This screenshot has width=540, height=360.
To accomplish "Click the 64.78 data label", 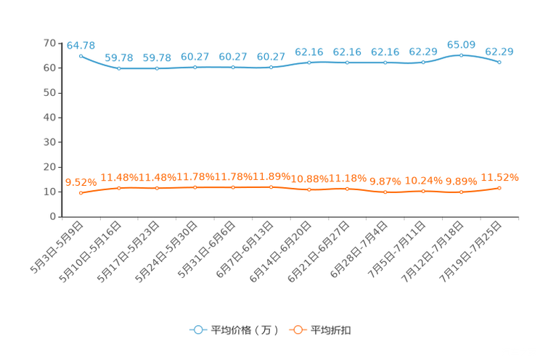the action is [x=81, y=46].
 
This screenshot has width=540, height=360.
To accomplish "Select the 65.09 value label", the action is [x=461, y=45].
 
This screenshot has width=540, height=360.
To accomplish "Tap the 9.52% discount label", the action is [x=81, y=182].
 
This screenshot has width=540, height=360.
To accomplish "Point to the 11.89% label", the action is [x=271, y=176].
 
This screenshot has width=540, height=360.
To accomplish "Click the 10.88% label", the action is [x=310, y=179].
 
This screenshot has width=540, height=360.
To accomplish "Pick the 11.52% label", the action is [x=499, y=177].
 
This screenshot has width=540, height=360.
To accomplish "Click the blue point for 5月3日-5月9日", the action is [x=81, y=56].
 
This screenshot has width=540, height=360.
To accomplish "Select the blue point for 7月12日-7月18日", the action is [x=461, y=55].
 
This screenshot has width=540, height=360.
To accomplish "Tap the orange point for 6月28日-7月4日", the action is [x=385, y=192].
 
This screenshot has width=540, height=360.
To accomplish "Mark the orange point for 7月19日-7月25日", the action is [x=499, y=188].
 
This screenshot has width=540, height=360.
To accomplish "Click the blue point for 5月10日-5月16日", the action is [x=119, y=68].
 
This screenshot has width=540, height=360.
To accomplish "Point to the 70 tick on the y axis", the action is [x=49, y=43].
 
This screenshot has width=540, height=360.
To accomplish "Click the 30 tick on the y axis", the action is [x=49, y=142].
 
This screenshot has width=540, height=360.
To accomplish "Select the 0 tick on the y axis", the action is [x=53, y=216].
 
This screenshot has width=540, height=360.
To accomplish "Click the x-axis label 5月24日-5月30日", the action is [x=166, y=252].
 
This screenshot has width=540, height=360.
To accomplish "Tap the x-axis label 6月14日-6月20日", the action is [x=280, y=252].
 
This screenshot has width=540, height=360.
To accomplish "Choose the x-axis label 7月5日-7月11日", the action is [x=397, y=250].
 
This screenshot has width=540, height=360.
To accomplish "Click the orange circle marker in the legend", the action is [x=298, y=330].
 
